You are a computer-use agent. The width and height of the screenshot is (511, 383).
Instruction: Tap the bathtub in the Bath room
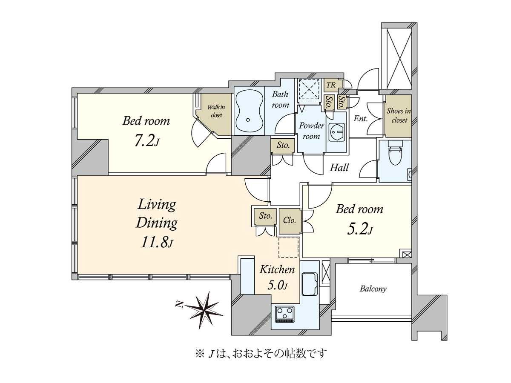coord(249,111)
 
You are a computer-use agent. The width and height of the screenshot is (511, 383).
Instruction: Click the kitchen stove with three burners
coord(285,314)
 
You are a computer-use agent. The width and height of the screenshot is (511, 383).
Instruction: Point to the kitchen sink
coord(310,284)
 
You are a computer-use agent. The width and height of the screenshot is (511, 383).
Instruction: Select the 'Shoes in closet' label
coord(398,115)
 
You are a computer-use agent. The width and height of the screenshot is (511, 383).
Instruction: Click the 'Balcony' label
coord(373,289)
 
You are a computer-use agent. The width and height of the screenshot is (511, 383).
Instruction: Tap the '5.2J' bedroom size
coord(360,229)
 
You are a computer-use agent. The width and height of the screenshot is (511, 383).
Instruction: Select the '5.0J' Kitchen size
coord(278,286)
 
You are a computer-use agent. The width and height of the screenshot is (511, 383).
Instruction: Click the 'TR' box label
coord(331,85)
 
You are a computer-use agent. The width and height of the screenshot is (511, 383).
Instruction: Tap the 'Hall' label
coord(339,168)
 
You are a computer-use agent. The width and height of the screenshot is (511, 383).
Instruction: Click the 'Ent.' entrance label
coord(360,119)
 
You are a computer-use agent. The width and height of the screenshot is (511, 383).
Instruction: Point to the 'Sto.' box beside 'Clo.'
coord(265,216)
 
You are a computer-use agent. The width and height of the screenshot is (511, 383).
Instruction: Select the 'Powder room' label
coord(311,131)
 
